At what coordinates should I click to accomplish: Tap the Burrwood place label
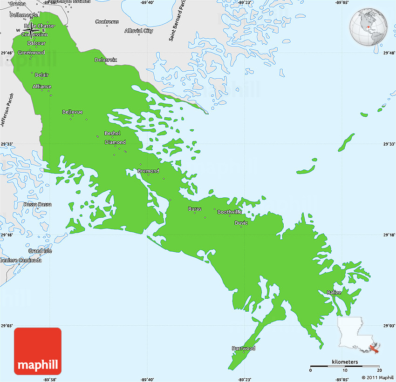(244, 348)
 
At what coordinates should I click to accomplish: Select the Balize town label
(334, 292)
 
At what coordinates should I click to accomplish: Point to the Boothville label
(230, 212)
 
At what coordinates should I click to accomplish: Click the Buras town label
(195, 209)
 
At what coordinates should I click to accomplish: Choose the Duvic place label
(241, 222)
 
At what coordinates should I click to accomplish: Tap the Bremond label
(148, 171)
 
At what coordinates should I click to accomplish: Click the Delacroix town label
(106, 60)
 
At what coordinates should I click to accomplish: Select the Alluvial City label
(139, 31)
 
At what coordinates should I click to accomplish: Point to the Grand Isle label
(40, 251)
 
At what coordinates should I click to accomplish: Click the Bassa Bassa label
(38, 204)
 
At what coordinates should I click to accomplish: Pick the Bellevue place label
(72, 112)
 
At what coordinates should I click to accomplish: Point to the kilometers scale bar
(345, 366)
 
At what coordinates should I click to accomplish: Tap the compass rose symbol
(31, 30)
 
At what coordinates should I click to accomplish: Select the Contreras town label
(107, 22)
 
